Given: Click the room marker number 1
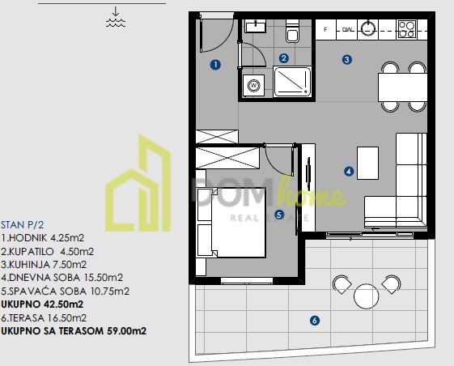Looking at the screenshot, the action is point(215,65).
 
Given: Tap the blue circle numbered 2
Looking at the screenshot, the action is point(284,58).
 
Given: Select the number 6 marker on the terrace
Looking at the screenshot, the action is point(315,320).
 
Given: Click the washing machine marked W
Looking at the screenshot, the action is point(253,86).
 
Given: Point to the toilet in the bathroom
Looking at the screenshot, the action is point(292,31).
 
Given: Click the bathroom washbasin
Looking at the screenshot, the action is point(255,26).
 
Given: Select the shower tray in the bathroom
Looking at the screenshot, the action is point(292,82).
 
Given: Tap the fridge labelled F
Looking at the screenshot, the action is point(325,30).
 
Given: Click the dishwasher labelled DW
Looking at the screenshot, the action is point(347,30).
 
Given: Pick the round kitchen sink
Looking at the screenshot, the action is point(368,29).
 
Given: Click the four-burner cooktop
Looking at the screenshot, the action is point(407,29).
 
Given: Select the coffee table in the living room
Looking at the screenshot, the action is point(367,163).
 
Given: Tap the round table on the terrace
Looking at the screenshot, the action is point(366,296).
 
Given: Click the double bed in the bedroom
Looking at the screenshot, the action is point(231,223).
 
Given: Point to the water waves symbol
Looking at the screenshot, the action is point(116,23).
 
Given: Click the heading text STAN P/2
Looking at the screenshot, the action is point(23,225).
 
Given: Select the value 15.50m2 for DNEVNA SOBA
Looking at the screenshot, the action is point(104,278).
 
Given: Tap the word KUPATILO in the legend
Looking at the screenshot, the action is point(32,252).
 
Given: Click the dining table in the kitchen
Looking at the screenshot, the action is point(402,87).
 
